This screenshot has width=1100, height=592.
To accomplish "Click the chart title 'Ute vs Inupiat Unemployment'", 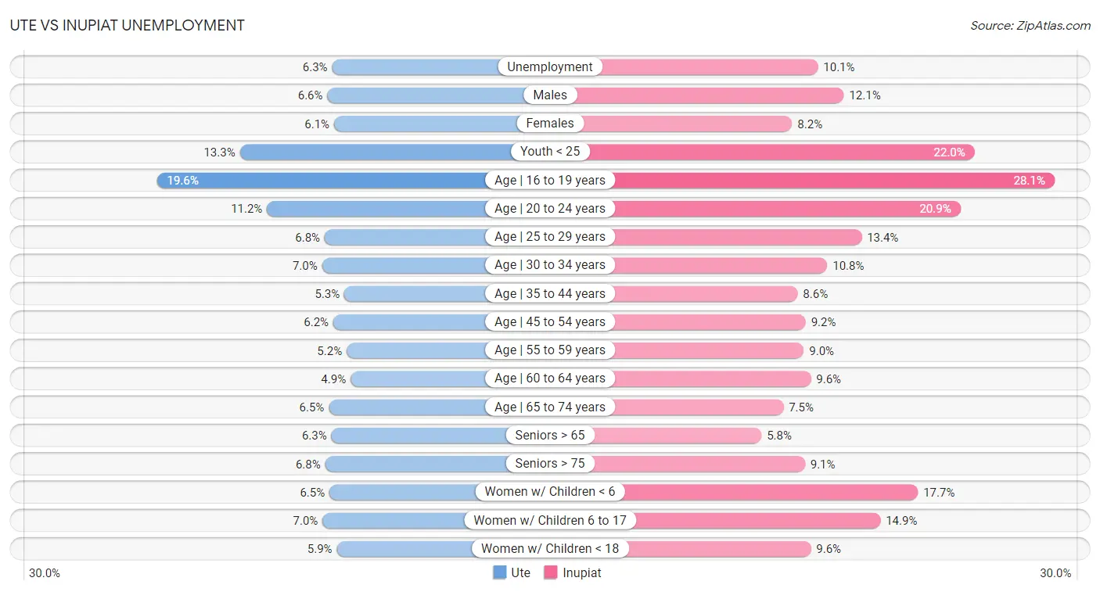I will [127, 25].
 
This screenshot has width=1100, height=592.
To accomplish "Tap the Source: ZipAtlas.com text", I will [1030, 26].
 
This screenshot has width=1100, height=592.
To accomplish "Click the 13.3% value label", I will [220, 152].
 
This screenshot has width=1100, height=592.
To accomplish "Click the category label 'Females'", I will [550, 124].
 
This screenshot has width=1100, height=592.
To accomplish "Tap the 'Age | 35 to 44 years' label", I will [550, 294].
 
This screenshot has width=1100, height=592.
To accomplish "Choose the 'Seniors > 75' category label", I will [550, 464].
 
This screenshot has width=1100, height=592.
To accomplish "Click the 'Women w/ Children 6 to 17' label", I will [550, 521].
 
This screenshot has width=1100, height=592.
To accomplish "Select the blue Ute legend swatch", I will [500, 572].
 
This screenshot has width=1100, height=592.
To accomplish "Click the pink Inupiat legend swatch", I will [551, 572].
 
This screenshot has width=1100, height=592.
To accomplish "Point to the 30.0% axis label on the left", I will [45, 573].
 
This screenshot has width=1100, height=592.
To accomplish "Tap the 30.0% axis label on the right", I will [1055, 573].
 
